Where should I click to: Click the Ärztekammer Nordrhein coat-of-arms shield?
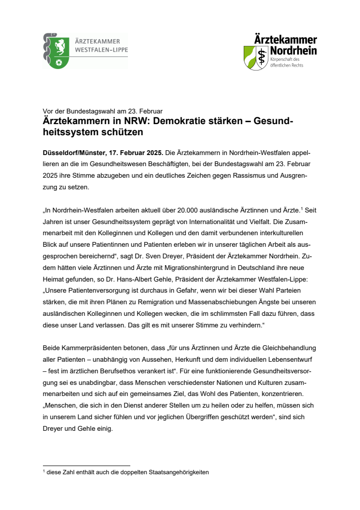coord(255,57)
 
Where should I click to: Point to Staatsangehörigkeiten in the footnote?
coord(177,472)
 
